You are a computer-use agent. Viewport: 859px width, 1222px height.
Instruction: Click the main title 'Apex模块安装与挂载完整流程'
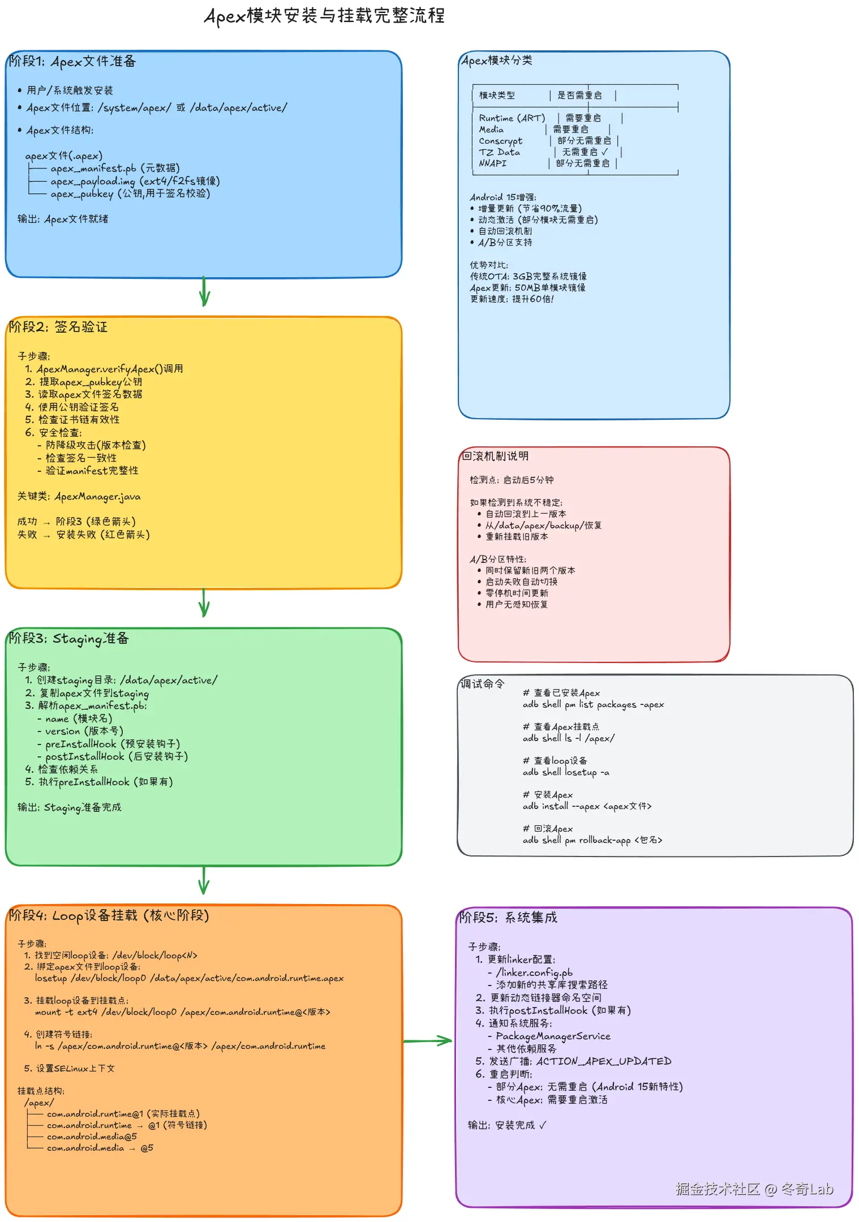[x=324, y=16]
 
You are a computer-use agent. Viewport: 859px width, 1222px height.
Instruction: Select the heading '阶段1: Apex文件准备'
[x=72, y=62]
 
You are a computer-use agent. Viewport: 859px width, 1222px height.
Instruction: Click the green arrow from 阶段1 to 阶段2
[x=204, y=292]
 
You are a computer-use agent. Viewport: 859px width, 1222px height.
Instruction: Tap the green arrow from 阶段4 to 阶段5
[x=428, y=1040]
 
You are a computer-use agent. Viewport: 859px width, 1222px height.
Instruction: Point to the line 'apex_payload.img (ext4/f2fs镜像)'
[x=135, y=181]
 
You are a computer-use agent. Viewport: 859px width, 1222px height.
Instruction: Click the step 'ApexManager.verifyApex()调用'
[x=109, y=369]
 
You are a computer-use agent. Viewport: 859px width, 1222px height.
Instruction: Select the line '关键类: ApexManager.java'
[x=79, y=497]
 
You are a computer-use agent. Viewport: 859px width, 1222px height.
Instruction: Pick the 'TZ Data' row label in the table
[x=499, y=152]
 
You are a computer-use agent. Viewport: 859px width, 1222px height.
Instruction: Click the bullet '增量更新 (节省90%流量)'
[x=530, y=208]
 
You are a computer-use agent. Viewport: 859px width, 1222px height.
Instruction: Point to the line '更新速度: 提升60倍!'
[x=512, y=299]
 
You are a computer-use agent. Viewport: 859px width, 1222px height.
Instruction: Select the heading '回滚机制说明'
[x=495, y=456]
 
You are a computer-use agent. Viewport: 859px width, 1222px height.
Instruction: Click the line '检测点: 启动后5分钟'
[x=512, y=480]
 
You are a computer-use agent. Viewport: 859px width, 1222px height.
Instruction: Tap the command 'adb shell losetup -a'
[x=566, y=772]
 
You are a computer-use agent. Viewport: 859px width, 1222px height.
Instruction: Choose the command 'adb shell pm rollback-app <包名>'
[x=592, y=840]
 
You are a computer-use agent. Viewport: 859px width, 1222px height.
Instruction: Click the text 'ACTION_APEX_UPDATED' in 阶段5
[x=603, y=1061]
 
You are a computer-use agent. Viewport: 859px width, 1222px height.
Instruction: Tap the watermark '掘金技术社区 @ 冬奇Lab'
[x=754, y=1189]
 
